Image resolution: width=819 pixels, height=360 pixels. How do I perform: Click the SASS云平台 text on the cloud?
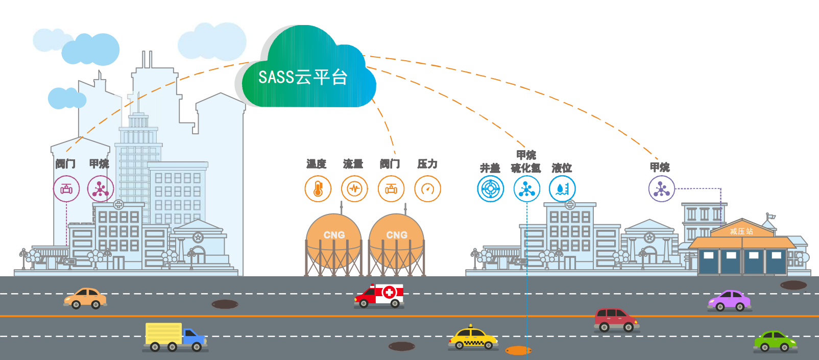303,78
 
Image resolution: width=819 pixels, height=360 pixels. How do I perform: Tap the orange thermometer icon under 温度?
318,189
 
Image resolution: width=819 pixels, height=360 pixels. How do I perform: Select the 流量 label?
353,164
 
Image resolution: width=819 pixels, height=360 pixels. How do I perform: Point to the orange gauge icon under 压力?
427,189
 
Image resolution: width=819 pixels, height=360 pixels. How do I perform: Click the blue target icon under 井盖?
490,189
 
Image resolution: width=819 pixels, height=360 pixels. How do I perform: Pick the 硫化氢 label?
525,168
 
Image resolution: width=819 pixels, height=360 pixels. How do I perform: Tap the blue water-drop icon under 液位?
562,189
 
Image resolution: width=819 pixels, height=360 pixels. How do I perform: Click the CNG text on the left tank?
334,235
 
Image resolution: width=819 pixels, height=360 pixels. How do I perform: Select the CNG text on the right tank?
397,235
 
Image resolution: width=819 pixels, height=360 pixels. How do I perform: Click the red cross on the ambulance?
389,293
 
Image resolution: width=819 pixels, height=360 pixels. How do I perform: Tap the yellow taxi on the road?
472,339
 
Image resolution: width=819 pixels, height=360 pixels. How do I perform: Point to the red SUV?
615,319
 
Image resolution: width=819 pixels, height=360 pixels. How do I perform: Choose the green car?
775,341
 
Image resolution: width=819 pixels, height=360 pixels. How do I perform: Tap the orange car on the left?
85,298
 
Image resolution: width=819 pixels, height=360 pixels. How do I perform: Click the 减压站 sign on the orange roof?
741,231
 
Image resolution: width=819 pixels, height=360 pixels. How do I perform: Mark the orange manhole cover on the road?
518,350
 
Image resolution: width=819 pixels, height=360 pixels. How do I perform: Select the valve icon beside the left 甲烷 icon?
66,189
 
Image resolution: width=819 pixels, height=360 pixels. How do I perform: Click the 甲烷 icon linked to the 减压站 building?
661,189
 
